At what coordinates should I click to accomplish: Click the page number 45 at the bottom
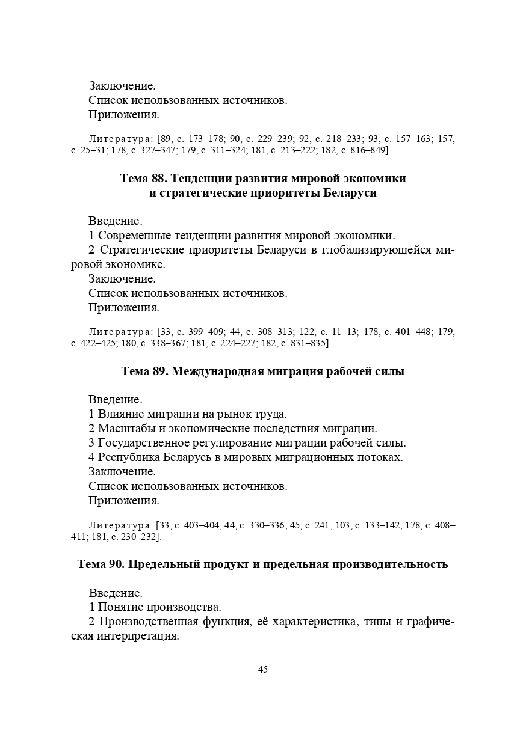[x=263, y=670]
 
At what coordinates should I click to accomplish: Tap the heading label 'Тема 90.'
[x=101, y=564]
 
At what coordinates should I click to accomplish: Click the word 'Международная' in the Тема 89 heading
[x=217, y=371]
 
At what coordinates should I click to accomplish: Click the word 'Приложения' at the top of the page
[x=123, y=114]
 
